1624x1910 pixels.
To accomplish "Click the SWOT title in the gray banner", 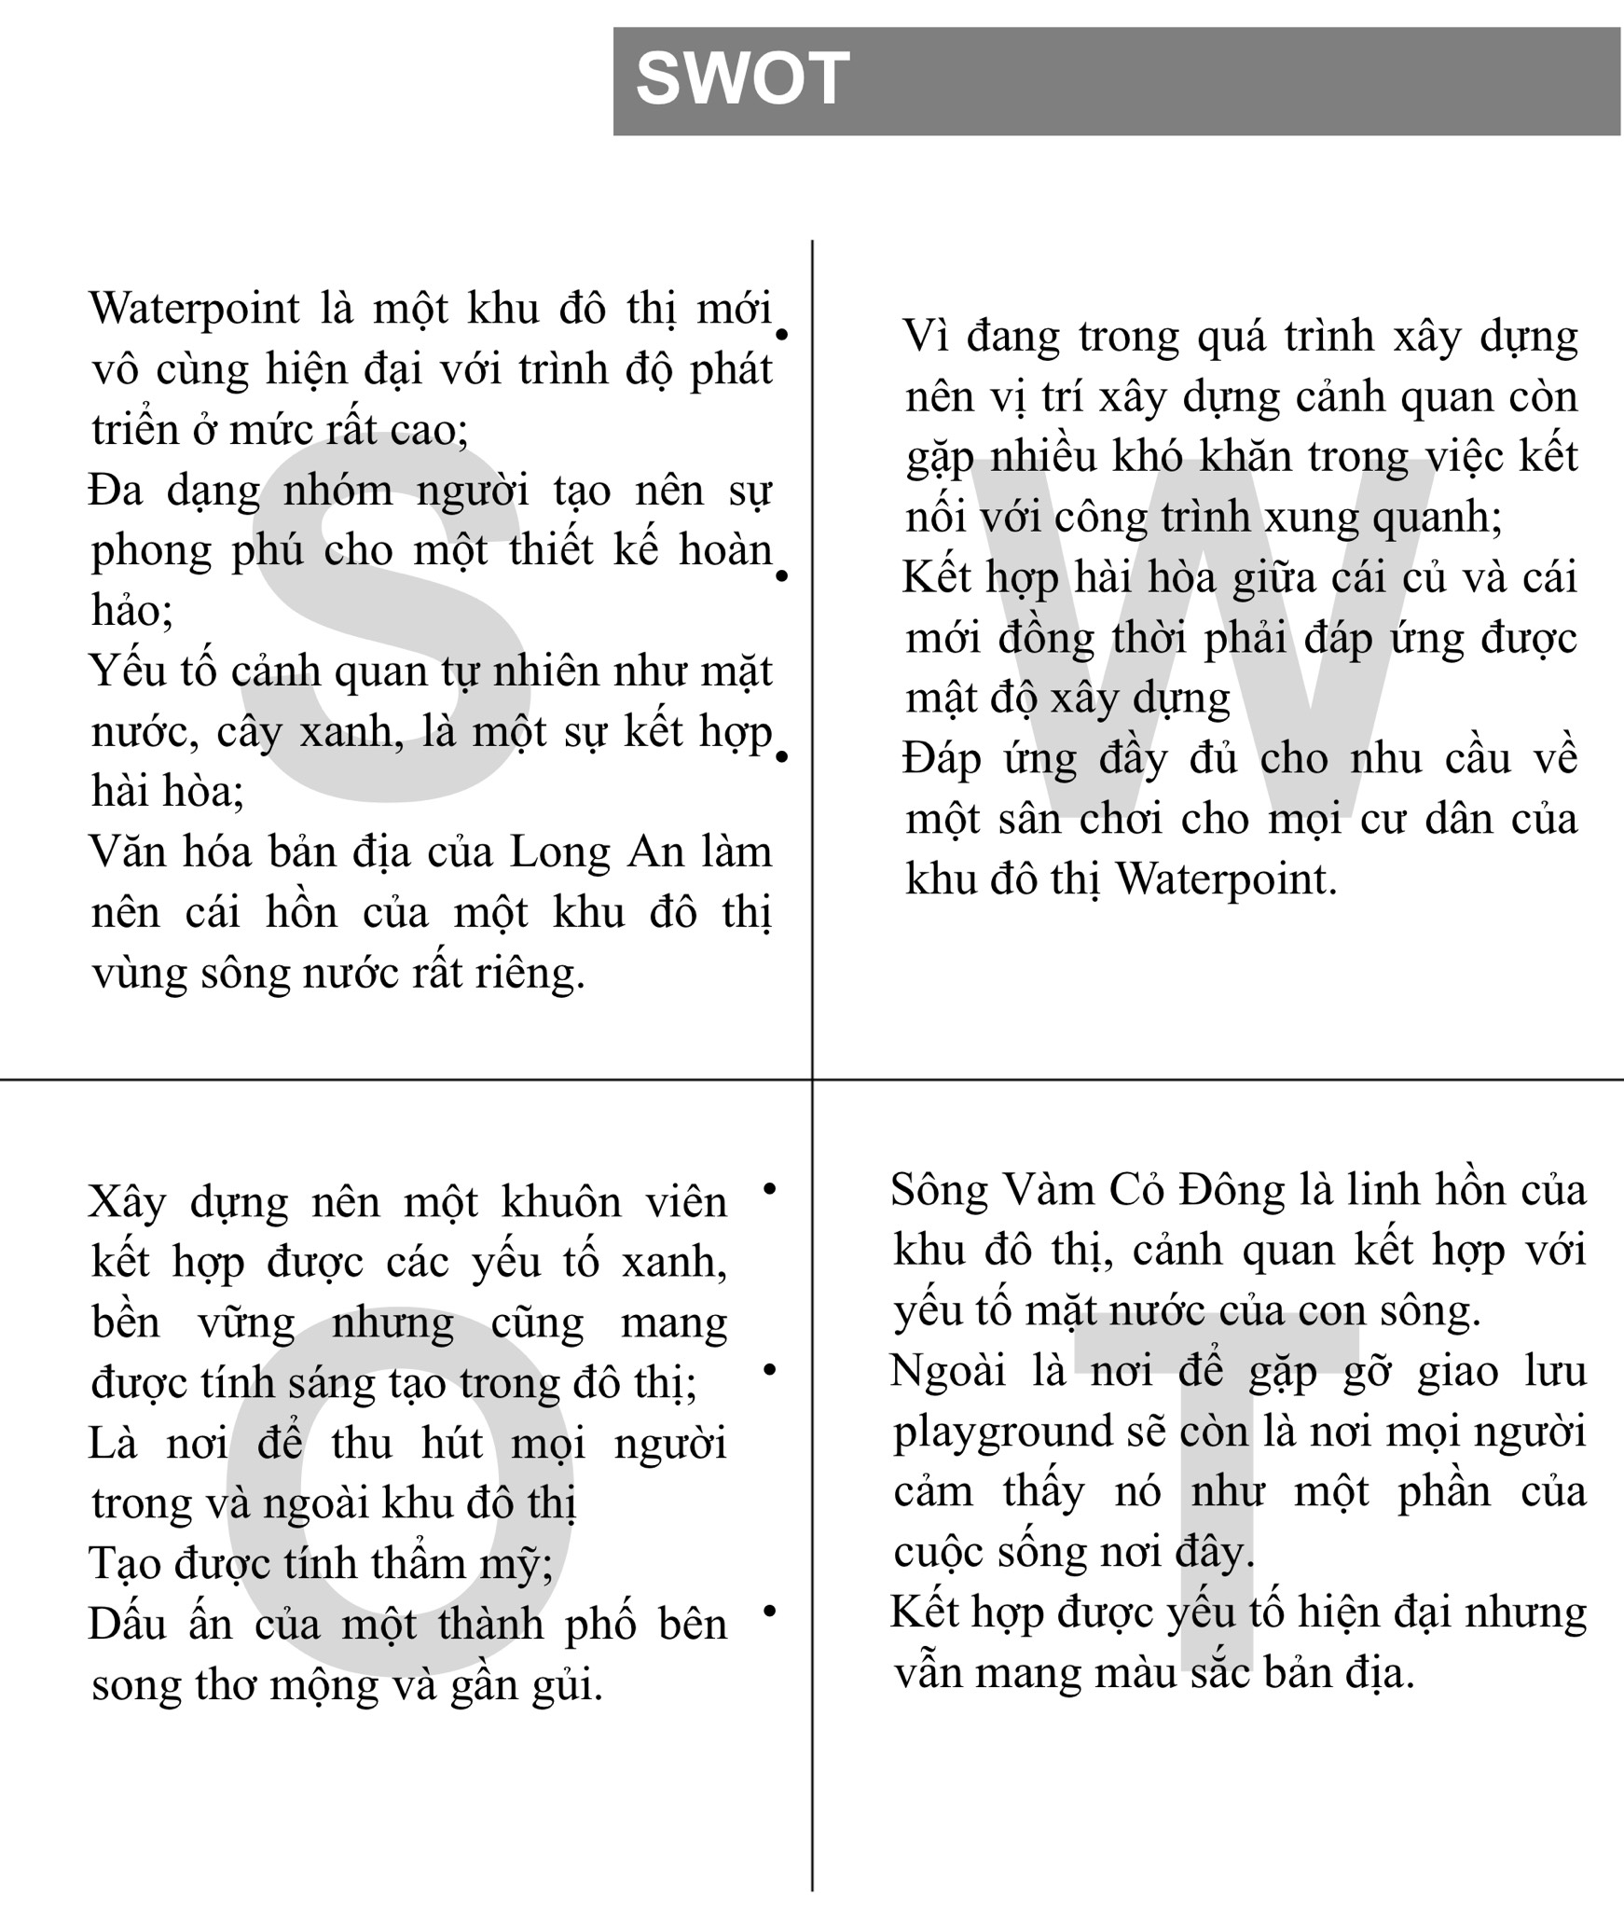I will pyautogui.click(x=742, y=79).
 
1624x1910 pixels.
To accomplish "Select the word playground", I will pyautogui.click(x=1003, y=1432).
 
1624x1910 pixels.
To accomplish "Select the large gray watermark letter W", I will pyautogui.click(x=1203, y=634).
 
